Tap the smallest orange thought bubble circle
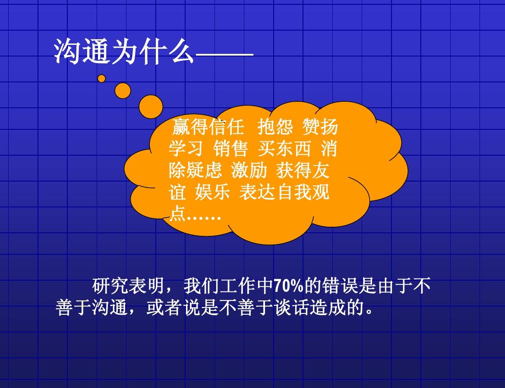pyautogui.click(x=101, y=78)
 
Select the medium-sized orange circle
pyautogui.click(x=123, y=91)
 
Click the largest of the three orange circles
pyautogui.click(x=151, y=106)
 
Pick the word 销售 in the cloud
pyautogui.click(x=230, y=149)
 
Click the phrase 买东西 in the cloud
pyautogui.click(x=284, y=149)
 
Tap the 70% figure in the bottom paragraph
pyautogui.click(x=289, y=286)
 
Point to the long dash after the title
pyautogui.click(x=224, y=55)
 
